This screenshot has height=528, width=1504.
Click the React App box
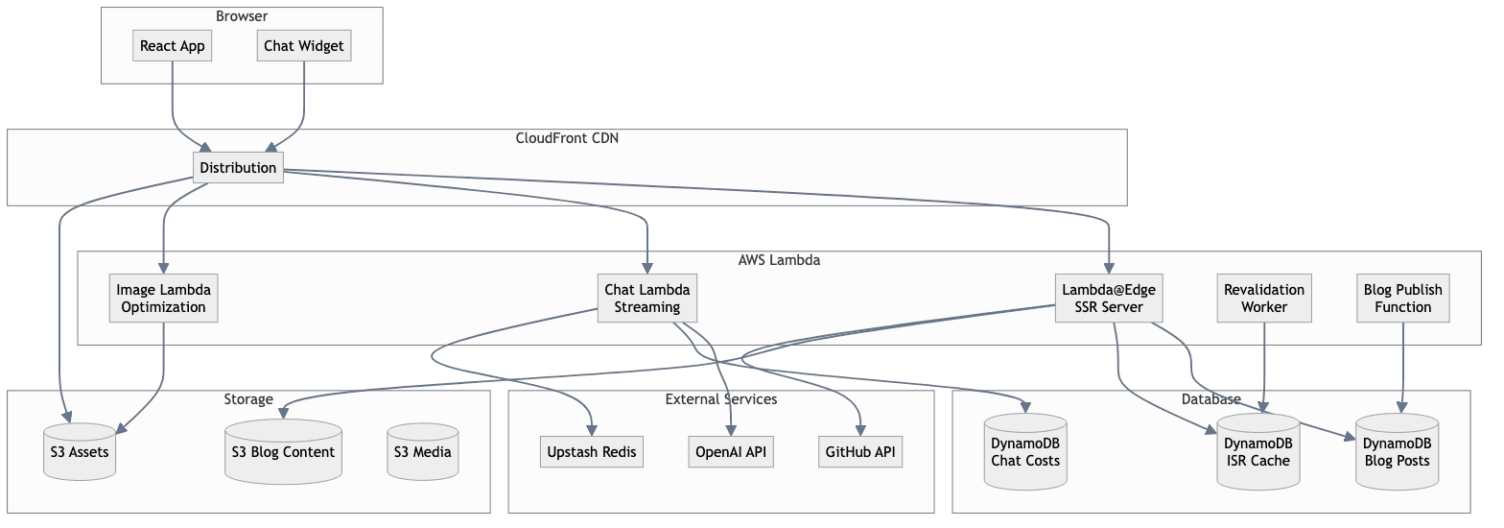(173, 45)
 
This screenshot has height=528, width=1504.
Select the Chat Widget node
(304, 45)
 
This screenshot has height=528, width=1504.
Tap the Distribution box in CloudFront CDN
(238, 168)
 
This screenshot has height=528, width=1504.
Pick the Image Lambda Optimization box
(162, 298)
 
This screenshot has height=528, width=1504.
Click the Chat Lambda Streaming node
(647, 298)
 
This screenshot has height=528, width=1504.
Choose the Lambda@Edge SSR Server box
(1109, 298)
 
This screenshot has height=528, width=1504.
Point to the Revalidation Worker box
(1264, 298)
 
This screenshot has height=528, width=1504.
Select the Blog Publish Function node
(1403, 298)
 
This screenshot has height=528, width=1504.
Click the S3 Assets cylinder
(80, 452)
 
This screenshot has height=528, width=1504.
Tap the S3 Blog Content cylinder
(283, 452)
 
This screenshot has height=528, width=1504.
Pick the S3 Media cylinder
(423, 452)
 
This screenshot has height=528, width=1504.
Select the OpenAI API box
(731, 452)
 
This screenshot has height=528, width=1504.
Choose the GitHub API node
(861, 452)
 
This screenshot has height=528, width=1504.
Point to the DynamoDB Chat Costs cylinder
(1025, 452)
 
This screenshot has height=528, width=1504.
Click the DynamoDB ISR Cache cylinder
(1257, 452)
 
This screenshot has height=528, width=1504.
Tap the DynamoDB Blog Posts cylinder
(1397, 452)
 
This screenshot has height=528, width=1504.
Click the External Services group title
(720, 399)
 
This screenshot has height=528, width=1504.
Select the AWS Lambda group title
(779, 260)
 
